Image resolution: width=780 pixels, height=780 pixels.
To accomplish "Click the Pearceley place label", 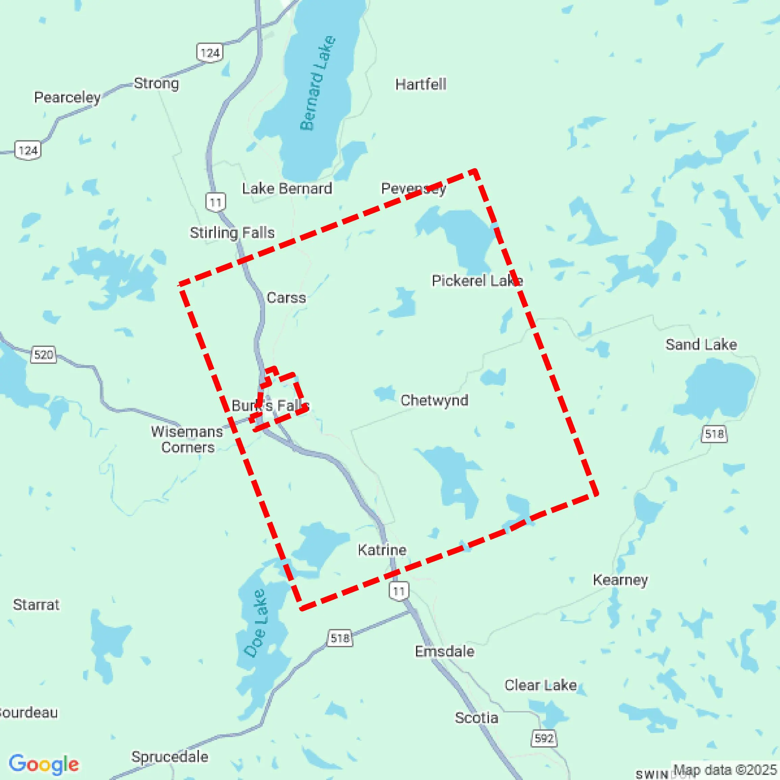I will [67, 97].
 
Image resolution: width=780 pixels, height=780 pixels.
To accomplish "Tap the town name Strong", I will [156, 83].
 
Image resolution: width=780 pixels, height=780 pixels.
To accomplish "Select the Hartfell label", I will [421, 84].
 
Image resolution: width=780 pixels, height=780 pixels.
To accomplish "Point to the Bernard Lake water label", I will [318, 83].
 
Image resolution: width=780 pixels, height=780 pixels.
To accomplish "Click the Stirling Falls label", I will [232, 233].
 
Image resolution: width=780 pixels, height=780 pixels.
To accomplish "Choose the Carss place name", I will [286, 298].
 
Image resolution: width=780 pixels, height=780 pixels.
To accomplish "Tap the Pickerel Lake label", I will [477, 280].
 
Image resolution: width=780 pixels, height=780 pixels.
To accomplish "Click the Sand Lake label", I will [701, 344].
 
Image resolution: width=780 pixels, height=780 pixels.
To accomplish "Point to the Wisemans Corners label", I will [187, 439].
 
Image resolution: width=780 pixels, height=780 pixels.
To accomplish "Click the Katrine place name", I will [382, 550].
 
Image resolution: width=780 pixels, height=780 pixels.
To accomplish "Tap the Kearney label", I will [621, 580].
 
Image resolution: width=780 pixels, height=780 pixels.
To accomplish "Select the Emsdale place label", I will [444, 652].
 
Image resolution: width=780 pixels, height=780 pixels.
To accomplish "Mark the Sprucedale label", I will [170, 757].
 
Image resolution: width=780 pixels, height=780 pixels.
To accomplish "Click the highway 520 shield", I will [44, 355].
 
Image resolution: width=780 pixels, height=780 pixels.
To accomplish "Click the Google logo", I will [44, 764].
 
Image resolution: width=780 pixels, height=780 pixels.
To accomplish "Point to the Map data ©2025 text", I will [725, 770].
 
